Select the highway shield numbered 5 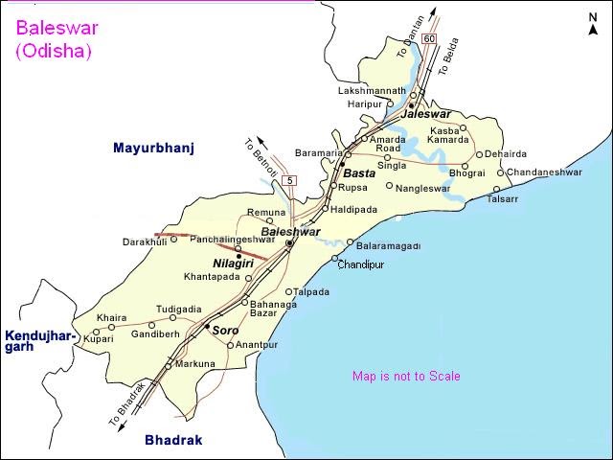click(290, 181)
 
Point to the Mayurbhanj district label click(153, 149)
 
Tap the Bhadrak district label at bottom click(169, 440)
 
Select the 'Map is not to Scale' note click(406, 377)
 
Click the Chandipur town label click(361, 264)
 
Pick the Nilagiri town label click(233, 262)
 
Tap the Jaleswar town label click(426, 114)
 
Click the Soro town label click(225, 331)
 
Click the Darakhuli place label click(145, 242)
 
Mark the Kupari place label click(99, 339)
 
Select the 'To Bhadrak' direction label click(128, 403)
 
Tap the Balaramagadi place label click(389, 245)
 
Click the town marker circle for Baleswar click(288, 244)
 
